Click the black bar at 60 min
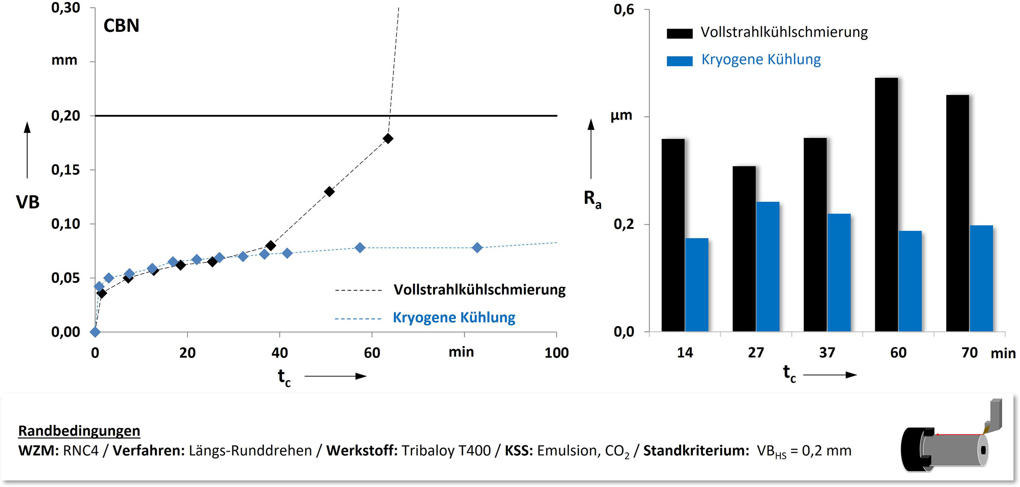[x=886, y=205]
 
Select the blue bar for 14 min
[x=697, y=285]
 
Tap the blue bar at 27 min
[x=768, y=267]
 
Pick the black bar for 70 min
[x=957, y=213]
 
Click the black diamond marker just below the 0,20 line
[x=388, y=139]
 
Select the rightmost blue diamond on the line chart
[x=477, y=247]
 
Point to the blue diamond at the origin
[x=95, y=332]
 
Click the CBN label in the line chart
[x=121, y=26]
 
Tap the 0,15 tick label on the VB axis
[x=66, y=170]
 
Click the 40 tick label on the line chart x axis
[x=279, y=353]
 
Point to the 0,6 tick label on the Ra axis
[x=624, y=10]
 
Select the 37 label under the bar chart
[x=827, y=353]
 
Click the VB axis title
[x=28, y=202]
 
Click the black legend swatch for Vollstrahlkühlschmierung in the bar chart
[x=679, y=33]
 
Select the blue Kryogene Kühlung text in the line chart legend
[x=454, y=318]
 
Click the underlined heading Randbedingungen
[x=79, y=431]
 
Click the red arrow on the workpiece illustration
[x=959, y=434]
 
